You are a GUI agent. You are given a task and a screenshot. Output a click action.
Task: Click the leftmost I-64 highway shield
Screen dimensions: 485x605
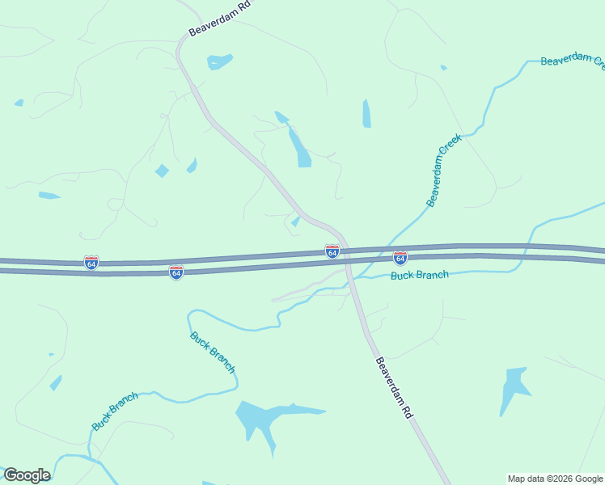click(x=91, y=263)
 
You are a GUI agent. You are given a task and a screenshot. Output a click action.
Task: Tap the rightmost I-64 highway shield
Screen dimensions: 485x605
click(x=400, y=258)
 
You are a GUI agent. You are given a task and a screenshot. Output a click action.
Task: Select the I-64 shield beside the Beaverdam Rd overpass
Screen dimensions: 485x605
click(x=332, y=251)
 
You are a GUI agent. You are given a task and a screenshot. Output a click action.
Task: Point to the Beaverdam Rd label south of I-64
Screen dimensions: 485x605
click(x=394, y=387)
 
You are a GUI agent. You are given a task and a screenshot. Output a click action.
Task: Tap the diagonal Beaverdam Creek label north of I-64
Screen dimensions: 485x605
click(x=443, y=170)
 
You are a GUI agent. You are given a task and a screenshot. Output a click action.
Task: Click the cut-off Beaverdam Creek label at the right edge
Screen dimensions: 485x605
click(x=572, y=61)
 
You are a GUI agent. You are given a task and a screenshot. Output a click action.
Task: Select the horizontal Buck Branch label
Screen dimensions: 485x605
click(x=419, y=276)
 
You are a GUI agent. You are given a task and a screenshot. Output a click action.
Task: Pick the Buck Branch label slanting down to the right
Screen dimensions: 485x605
click(x=213, y=352)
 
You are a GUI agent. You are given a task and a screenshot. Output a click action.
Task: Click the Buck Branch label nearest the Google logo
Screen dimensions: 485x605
click(x=115, y=411)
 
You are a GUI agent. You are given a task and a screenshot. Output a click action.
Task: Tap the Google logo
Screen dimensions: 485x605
click(x=27, y=475)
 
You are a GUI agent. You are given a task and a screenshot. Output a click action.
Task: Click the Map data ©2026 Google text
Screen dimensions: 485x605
click(x=555, y=479)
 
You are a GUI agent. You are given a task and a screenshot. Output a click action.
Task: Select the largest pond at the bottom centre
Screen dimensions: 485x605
click(x=267, y=419)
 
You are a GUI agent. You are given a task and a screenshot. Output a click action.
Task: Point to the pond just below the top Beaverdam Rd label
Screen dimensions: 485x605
click(x=219, y=61)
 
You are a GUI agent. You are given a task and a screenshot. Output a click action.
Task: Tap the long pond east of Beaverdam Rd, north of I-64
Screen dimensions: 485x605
click(x=299, y=146)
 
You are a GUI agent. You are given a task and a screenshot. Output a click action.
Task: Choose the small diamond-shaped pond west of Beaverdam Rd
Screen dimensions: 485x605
click(x=162, y=171)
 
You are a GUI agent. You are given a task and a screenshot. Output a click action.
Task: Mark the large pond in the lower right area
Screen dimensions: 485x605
click(x=513, y=387)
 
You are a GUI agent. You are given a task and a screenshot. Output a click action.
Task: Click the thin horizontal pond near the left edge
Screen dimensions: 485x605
click(x=49, y=196)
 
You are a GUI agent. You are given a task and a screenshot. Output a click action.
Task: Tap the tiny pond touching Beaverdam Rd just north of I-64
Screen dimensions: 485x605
click(x=296, y=221)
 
